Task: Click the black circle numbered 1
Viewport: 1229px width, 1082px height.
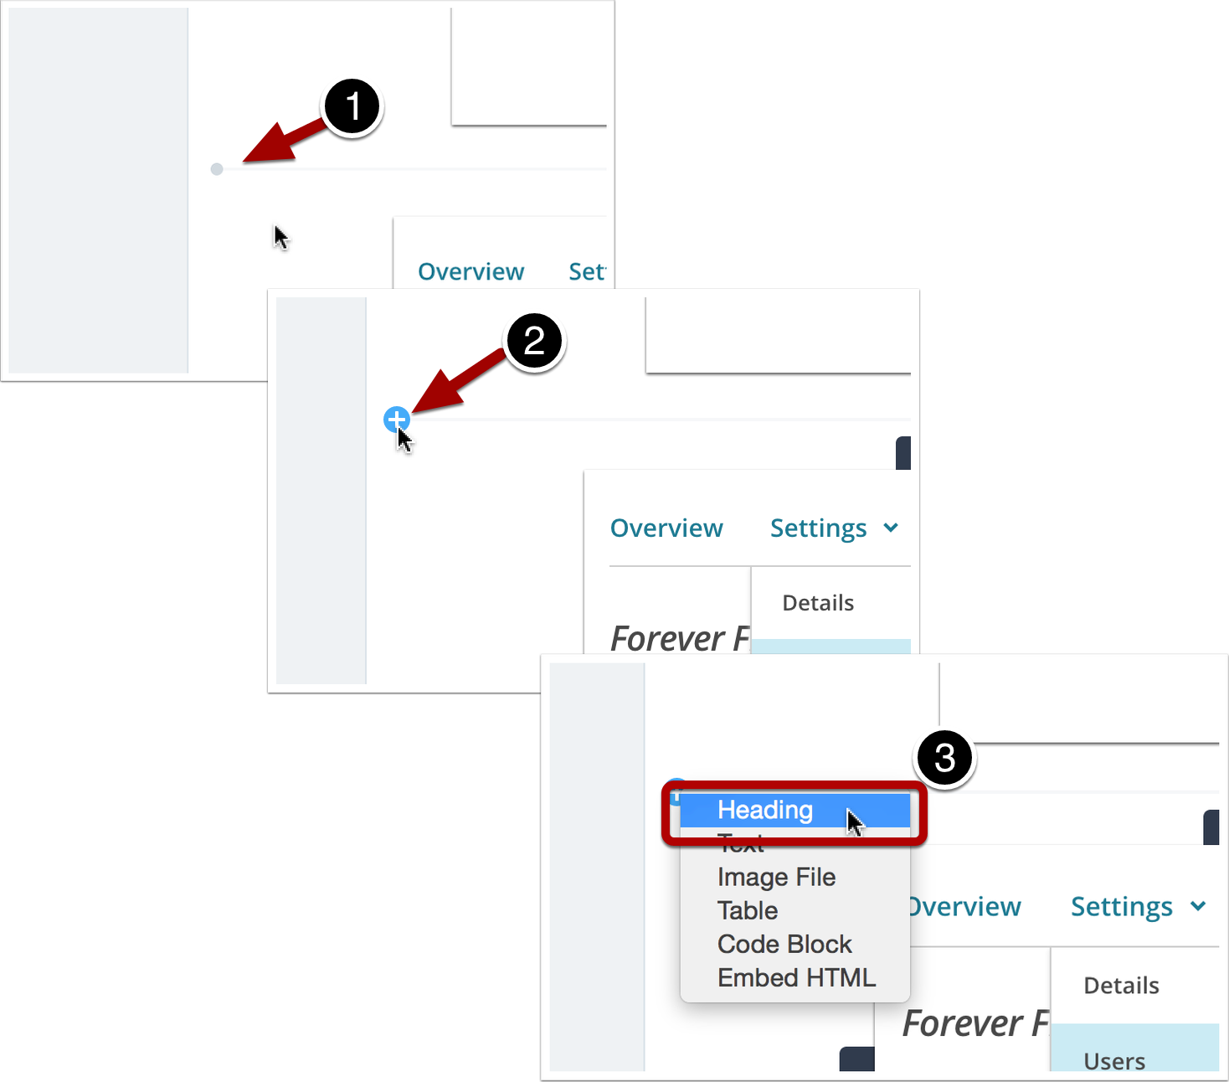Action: pos(352,107)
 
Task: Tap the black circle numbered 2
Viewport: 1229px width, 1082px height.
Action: pos(534,342)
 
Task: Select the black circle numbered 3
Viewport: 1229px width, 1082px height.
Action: pos(944,758)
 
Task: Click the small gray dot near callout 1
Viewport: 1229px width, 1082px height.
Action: pos(217,169)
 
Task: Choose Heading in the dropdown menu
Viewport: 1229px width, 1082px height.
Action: pos(765,810)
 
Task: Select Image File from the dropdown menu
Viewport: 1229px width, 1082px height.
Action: pos(776,877)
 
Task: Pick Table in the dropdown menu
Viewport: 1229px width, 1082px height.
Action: pos(748,910)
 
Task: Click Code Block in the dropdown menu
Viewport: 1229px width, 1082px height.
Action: pos(784,944)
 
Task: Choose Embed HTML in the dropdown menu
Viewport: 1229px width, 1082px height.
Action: pos(796,977)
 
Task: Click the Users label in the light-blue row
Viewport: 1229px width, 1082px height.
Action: pos(1114,1060)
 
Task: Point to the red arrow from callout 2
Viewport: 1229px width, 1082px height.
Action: pos(455,381)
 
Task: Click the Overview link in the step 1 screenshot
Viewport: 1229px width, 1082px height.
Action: pos(471,271)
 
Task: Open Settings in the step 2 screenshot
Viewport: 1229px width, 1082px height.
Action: pos(818,528)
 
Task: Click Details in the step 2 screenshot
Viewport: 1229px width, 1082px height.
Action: pos(818,603)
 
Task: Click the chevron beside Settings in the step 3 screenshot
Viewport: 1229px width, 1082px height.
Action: pos(1198,906)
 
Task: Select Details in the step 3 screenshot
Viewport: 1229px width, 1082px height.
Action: pos(1121,986)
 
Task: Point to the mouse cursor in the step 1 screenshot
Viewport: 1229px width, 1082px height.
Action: pos(280,238)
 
